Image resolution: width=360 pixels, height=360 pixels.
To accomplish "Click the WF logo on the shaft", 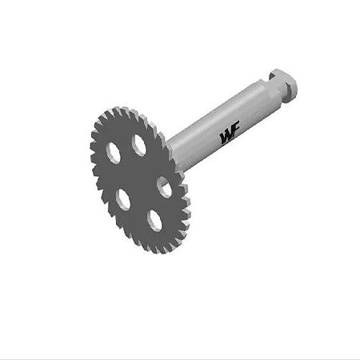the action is point(230,134).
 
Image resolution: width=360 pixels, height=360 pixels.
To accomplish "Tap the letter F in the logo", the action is point(235,130).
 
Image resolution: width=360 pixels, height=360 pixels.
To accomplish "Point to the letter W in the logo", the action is point(225,138).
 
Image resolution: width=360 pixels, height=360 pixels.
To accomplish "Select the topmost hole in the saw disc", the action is point(139,145).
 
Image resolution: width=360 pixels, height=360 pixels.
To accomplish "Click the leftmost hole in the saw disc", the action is point(114,152).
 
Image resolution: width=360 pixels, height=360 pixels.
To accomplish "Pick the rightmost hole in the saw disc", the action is point(164,187).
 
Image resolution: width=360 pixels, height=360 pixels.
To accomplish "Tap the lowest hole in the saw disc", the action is point(154,220).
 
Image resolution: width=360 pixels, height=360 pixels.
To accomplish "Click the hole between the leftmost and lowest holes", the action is point(123,199).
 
